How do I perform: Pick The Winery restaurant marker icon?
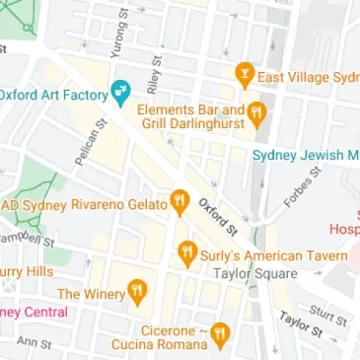pyautogui.click(x=137, y=293)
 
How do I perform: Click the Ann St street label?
pyautogui.click(x=34, y=342)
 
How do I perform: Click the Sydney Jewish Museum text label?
pyautogui.click(x=305, y=156)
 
